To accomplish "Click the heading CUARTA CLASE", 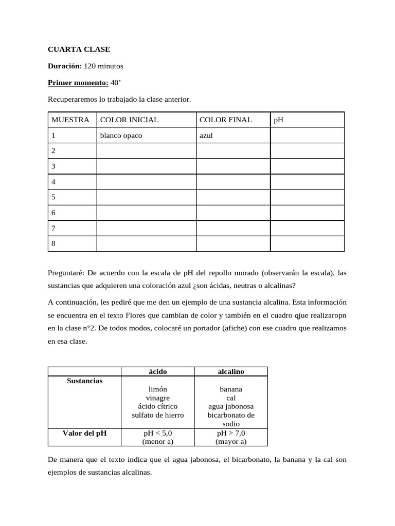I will click(x=79, y=50).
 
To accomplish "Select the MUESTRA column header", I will click(x=70, y=120).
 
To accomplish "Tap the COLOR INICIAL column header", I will click(x=129, y=120).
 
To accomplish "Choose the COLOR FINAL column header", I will click(x=225, y=120).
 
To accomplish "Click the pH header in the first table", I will click(x=279, y=120).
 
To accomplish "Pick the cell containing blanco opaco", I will click(x=121, y=136).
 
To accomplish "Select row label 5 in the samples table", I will click(x=53, y=197).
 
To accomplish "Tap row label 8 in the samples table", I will click(x=53, y=243).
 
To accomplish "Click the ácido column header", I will click(x=157, y=371).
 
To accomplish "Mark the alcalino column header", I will click(x=231, y=371).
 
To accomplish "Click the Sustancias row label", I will click(x=85, y=381).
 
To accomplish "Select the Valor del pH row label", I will click(x=85, y=433).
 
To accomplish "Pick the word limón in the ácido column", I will click(x=157, y=389).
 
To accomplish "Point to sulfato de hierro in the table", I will click(x=157, y=415).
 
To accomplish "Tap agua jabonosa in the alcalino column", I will click(x=231, y=406).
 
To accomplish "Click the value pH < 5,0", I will click(x=157, y=434).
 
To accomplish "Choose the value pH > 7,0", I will click(x=231, y=434).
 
